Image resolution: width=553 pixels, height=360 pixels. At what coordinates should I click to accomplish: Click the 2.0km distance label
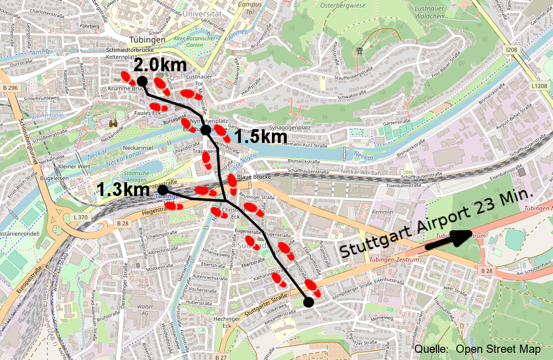[x=160, y=65]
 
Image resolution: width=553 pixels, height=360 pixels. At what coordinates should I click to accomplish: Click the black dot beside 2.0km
[x=142, y=81]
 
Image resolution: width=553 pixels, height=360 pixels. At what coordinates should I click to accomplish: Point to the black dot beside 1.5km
[x=206, y=130]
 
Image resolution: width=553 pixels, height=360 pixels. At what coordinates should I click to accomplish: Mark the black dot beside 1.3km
[x=162, y=189]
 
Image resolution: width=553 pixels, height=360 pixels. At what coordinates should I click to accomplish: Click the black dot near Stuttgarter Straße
[x=308, y=301]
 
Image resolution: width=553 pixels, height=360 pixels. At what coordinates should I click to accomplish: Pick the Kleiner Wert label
[x=73, y=166]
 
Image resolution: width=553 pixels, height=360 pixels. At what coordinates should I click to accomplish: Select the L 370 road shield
[x=81, y=218]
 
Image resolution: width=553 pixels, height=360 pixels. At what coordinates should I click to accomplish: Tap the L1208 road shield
[x=539, y=86]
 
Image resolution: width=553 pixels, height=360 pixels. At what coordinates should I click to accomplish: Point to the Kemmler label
[x=383, y=212]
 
